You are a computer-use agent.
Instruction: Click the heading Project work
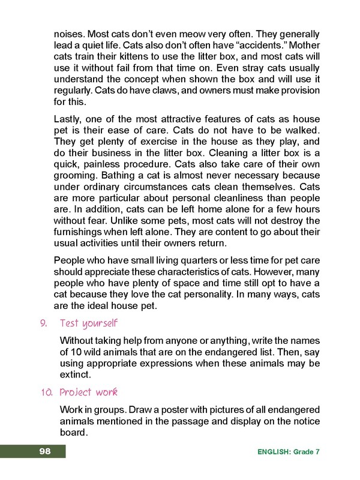click(88, 392)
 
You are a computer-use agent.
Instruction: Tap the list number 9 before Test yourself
click(43, 324)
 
